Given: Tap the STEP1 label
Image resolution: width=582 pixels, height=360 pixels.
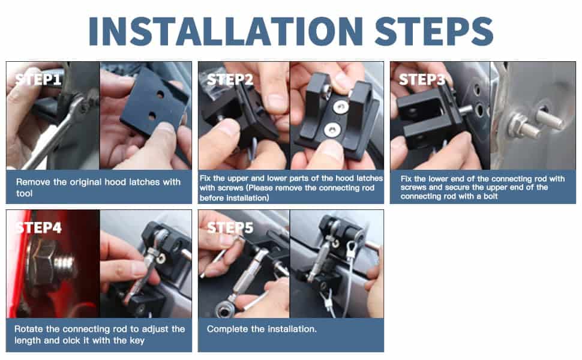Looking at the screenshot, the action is (38, 79).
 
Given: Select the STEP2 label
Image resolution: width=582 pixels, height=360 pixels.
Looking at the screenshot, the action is (230, 79).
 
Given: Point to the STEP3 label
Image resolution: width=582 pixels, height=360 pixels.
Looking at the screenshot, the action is (422, 79).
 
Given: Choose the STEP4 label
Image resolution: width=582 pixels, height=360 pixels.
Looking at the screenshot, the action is (38, 227).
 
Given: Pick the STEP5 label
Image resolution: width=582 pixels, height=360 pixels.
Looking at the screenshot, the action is (230, 227).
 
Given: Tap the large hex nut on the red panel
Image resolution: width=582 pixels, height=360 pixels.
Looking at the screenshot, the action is (43, 265).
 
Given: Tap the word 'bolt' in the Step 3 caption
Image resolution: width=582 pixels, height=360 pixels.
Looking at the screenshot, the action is (490, 196).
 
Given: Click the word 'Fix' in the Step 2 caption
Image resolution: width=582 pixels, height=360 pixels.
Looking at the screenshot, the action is (205, 178).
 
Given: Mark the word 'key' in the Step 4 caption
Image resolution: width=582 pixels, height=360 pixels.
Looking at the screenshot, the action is (137, 341).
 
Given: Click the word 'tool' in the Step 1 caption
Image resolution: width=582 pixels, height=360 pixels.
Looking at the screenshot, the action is (24, 193).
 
